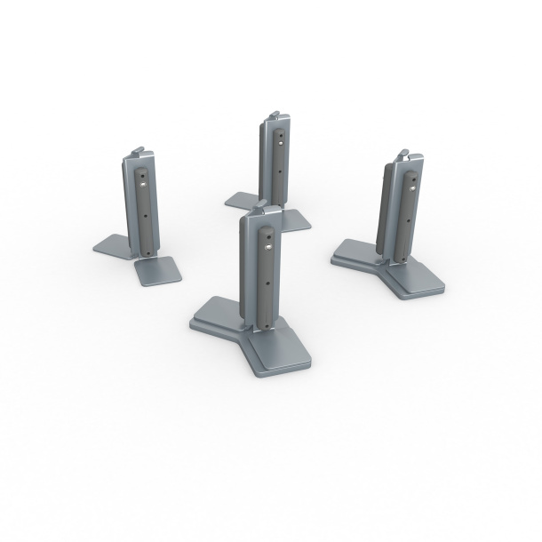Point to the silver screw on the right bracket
[x=412, y=187]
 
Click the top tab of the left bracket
[x=138, y=151]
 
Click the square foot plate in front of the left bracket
[x=160, y=270]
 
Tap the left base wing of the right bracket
[x=355, y=254]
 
